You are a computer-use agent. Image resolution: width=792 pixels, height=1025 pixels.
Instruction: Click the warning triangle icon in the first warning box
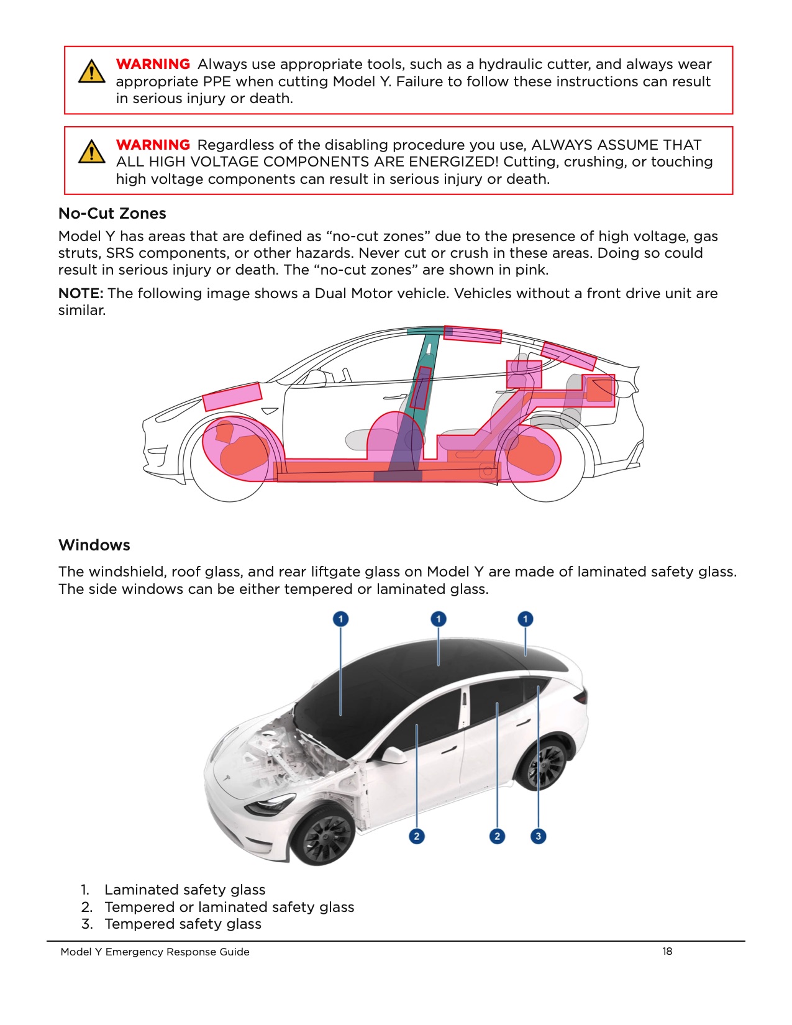tap(92, 71)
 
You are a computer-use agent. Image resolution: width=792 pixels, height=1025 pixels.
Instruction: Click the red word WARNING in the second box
tap(153, 145)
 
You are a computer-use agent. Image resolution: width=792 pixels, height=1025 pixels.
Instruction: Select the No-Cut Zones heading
tap(112, 213)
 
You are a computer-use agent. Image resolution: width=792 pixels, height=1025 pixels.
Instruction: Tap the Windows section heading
tap(94, 545)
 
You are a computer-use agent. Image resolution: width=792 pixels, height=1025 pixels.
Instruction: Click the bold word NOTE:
tap(81, 293)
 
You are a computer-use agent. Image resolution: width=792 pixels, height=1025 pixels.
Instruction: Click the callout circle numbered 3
tap(538, 836)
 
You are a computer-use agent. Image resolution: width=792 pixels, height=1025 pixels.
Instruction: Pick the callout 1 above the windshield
tap(340, 619)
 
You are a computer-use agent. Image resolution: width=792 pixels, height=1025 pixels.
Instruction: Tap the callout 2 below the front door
tap(417, 836)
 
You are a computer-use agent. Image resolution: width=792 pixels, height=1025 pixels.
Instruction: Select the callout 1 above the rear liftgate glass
tap(525, 619)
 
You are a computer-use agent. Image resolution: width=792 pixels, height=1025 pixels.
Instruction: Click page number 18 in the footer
tap(667, 951)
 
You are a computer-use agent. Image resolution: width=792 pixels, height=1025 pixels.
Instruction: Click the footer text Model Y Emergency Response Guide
tap(155, 952)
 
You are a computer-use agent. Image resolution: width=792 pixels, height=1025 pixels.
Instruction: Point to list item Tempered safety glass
tap(183, 924)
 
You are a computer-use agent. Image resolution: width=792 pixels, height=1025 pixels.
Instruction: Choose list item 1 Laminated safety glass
tap(184, 890)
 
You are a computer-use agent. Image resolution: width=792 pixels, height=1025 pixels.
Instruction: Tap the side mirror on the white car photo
tap(393, 755)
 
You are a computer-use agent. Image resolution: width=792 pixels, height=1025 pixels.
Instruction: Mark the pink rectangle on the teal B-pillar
tap(421, 388)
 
